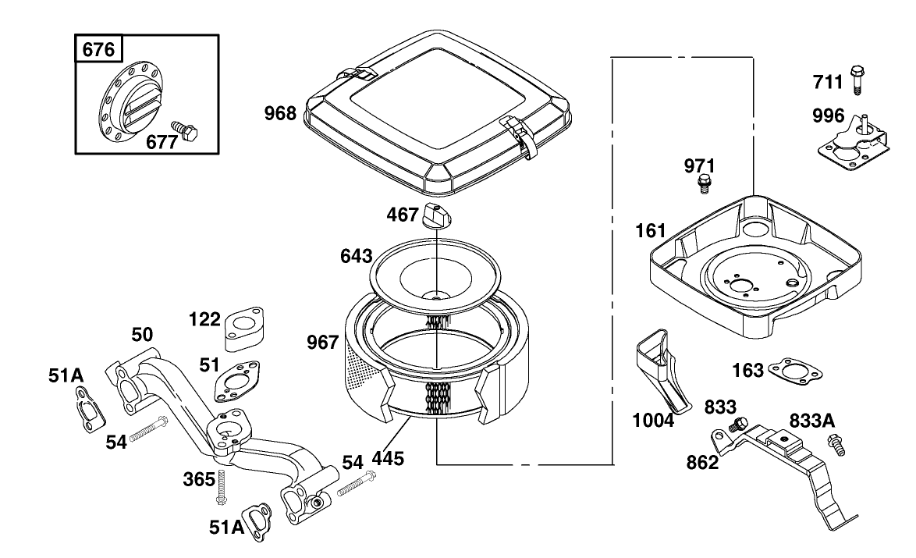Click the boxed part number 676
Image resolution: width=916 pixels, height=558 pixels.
coord(98,50)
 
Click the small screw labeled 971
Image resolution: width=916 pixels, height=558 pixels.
coord(705,185)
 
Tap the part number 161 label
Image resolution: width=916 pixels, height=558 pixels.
coord(651,230)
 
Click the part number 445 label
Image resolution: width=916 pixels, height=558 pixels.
coord(388,458)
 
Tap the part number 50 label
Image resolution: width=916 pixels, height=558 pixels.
coord(141,335)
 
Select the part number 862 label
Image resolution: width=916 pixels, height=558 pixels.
coord(701,463)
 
